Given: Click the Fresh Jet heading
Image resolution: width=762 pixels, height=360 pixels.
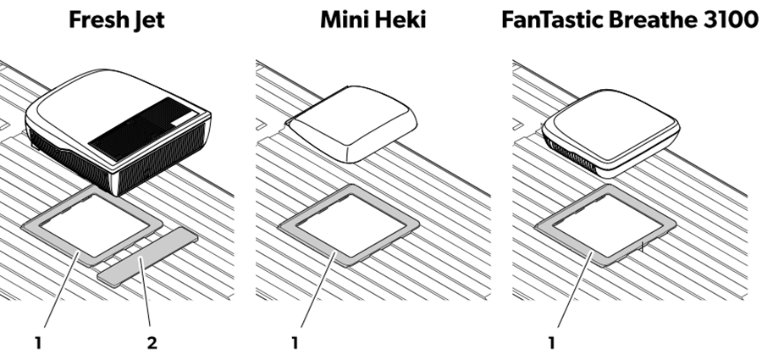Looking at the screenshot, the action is (116, 20).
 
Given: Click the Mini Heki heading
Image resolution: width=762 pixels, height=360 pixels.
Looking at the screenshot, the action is (373, 20).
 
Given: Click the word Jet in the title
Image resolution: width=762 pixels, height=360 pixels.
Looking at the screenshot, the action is (147, 20).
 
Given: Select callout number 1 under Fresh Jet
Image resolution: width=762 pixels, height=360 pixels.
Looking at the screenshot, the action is (38, 343).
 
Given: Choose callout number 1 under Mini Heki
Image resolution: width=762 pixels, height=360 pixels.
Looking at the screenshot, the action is (295, 343).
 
